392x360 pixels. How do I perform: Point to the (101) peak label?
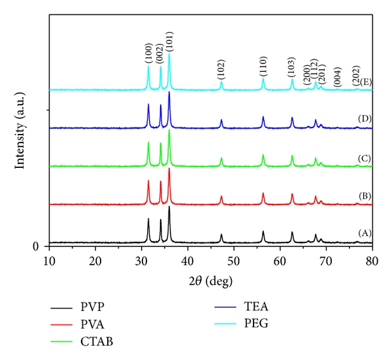170,42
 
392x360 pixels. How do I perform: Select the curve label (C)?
364,157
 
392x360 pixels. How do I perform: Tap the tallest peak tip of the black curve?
169,206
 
